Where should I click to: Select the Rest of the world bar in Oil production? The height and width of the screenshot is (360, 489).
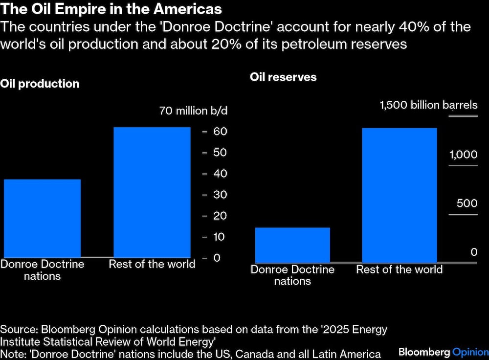pyautogui.click(x=152, y=192)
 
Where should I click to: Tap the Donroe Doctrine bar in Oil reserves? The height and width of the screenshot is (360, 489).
pyautogui.click(x=292, y=245)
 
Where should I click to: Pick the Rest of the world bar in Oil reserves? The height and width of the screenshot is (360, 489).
pyautogui.click(x=399, y=195)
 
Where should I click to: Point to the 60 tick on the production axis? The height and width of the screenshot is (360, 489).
pyautogui.click(x=219, y=132)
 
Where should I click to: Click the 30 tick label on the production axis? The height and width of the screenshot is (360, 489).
pyautogui.click(x=219, y=195)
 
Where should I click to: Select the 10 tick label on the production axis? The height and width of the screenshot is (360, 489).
pyautogui.click(x=219, y=237)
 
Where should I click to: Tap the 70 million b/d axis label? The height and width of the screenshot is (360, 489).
pyautogui.click(x=193, y=111)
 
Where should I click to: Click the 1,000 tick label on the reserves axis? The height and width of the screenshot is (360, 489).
pyautogui.click(x=463, y=155)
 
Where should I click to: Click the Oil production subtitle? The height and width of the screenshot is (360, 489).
pyautogui.click(x=40, y=84)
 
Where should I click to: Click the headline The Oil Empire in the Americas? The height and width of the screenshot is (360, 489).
pyautogui.click(x=111, y=9)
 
